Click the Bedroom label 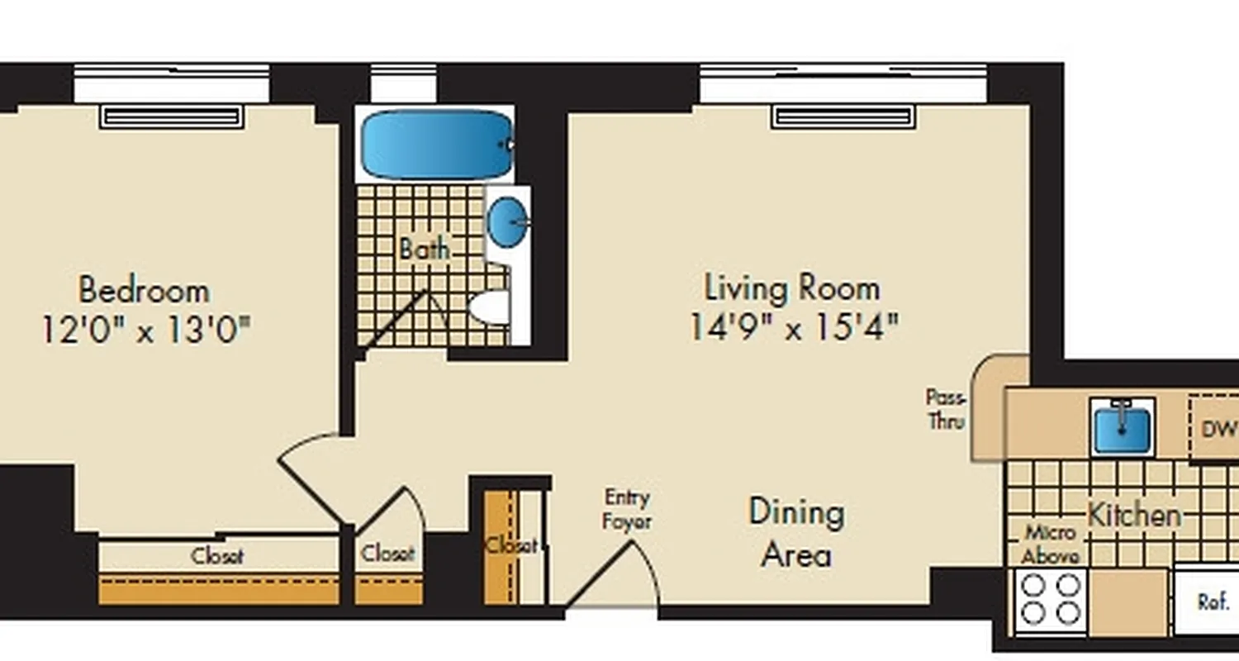pyautogui.click(x=144, y=291)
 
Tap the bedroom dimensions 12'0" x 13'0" pyautogui.click(x=145, y=330)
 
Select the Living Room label pyautogui.click(x=792, y=288)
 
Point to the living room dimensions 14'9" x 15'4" pyautogui.click(x=793, y=328)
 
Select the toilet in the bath pyautogui.click(x=491, y=307)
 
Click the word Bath pyautogui.click(x=425, y=248)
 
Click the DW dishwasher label pyautogui.click(x=1217, y=429)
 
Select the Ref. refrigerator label pyautogui.click(x=1213, y=602)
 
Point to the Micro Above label pyautogui.click(x=1049, y=544)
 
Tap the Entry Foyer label pyautogui.click(x=627, y=509)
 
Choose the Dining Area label pyautogui.click(x=796, y=533)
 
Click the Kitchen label pyautogui.click(x=1133, y=515)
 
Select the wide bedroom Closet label pyautogui.click(x=217, y=556)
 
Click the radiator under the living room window pyautogui.click(x=843, y=117)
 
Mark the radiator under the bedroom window pyautogui.click(x=172, y=117)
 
